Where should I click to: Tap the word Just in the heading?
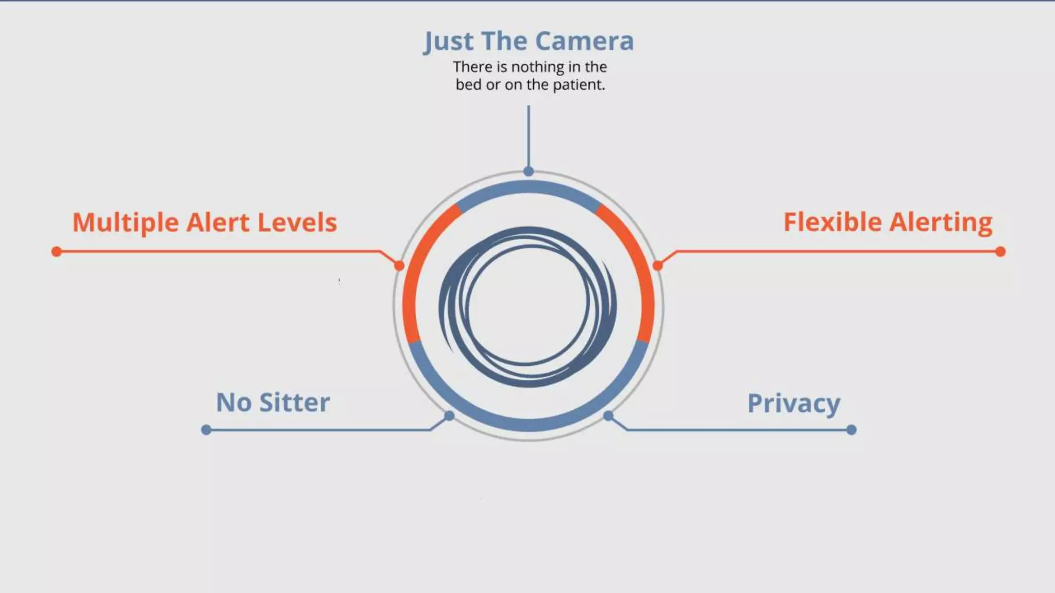pyautogui.click(x=448, y=41)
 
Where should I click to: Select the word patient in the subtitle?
pyautogui.click(x=578, y=84)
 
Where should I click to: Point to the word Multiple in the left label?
pyautogui.click(x=125, y=223)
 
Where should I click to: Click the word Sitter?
pyautogui.click(x=294, y=403)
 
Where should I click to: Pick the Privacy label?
pyautogui.click(x=793, y=404)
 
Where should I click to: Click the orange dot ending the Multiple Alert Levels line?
pyautogui.click(x=57, y=252)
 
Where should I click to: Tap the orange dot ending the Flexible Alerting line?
pyautogui.click(x=1000, y=252)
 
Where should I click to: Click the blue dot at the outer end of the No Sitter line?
pyautogui.click(x=206, y=430)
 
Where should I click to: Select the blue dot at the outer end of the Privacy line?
pyautogui.click(x=852, y=430)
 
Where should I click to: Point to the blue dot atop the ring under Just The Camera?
pyautogui.click(x=529, y=171)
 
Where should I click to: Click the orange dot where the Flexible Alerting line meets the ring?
pyautogui.click(x=658, y=266)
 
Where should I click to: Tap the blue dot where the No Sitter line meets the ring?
pyautogui.click(x=449, y=415)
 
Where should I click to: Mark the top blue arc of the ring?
pyautogui.click(x=529, y=187)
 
